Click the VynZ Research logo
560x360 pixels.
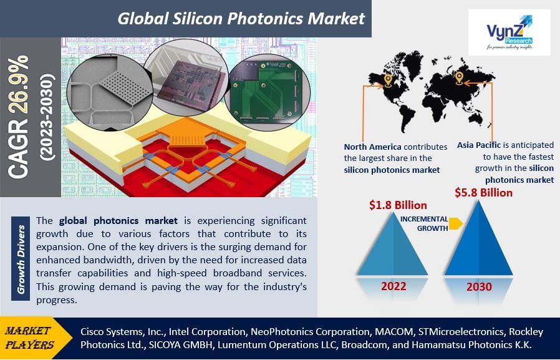[509, 32]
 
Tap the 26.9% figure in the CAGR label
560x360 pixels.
[19, 84]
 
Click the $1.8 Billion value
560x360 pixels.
[398, 205]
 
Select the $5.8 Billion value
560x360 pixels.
[483, 193]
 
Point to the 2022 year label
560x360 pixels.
[393, 286]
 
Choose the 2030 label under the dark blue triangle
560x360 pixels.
[479, 286]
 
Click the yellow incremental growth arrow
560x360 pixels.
[456, 223]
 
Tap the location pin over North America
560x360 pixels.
[388, 80]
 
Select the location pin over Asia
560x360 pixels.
[459, 78]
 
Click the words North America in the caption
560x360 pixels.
[372, 147]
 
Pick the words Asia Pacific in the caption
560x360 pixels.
[478, 145]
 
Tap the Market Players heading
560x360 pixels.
[30, 338]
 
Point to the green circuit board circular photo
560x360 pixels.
[267, 92]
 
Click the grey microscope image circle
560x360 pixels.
[109, 92]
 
